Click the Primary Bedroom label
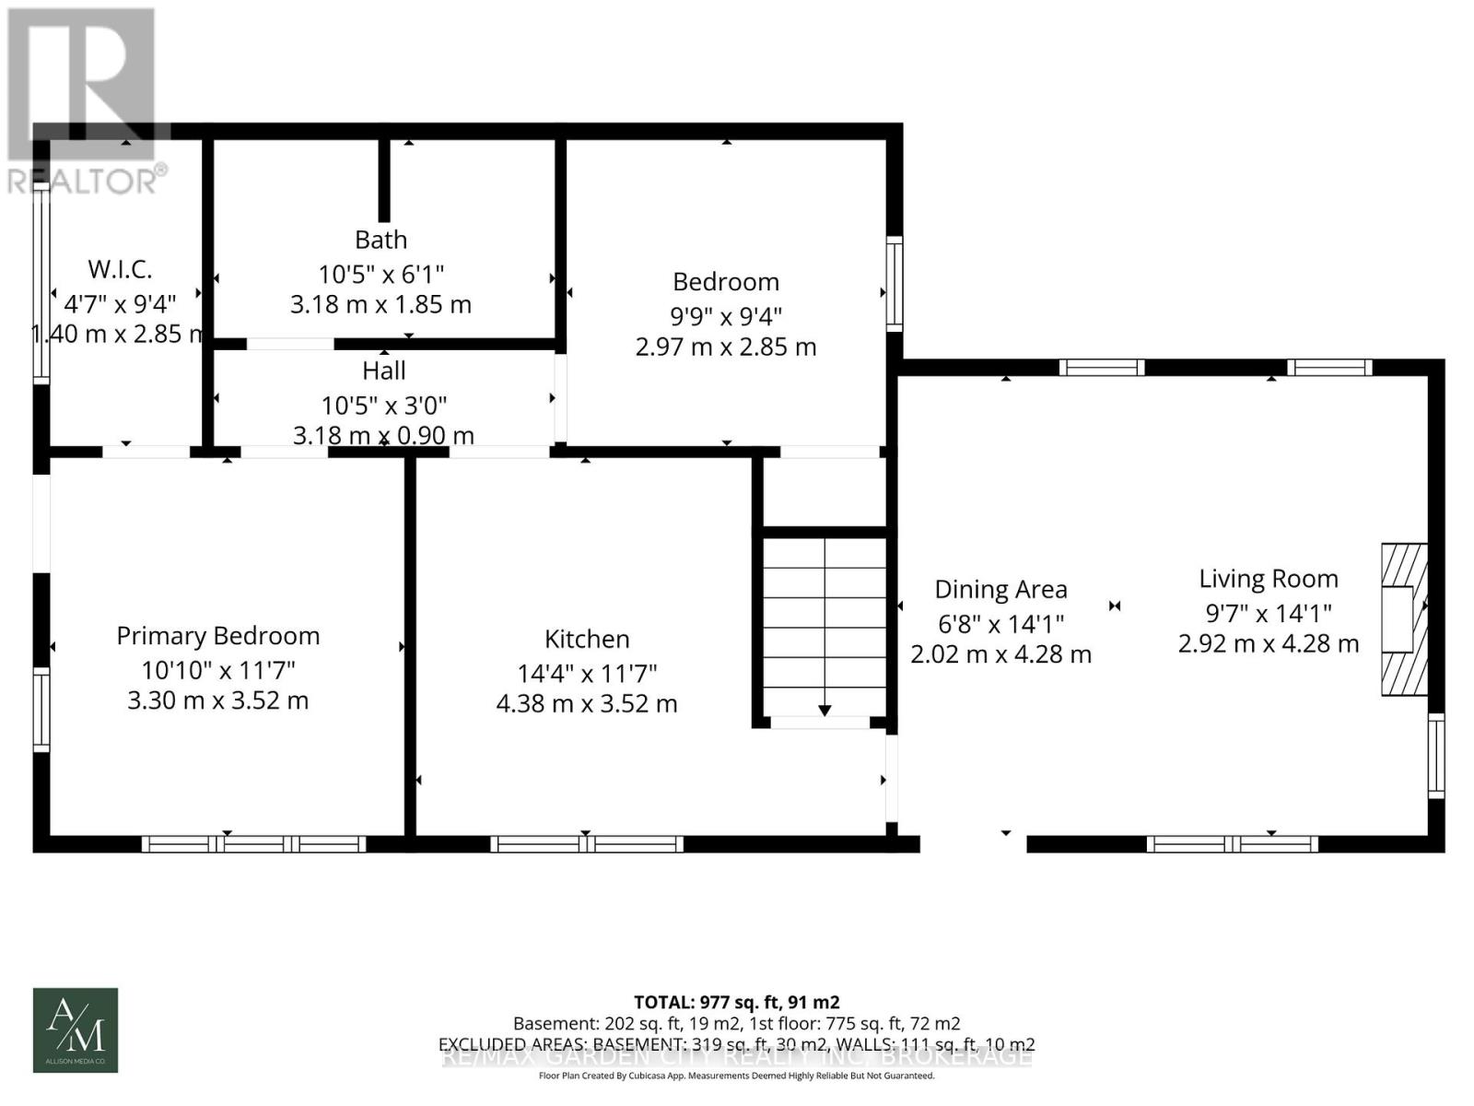point(218,636)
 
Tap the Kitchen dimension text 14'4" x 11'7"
point(587,673)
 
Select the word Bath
point(381,240)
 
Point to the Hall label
point(384,371)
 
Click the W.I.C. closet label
point(120,269)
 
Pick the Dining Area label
point(1001,590)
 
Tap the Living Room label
point(1269,579)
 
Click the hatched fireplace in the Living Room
point(1403,618)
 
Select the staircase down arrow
point(825,710)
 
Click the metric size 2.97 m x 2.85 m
point(726,347)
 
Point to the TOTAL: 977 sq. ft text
point(736,1002)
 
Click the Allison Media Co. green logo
point(76,1030)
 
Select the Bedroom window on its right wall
point(894,283)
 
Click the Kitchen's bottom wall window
point(587,843)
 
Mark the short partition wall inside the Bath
point(384,180)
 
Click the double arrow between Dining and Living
point(1115,606)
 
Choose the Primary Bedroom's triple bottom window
point(254,843)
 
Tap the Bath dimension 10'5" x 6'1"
point(381,274)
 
